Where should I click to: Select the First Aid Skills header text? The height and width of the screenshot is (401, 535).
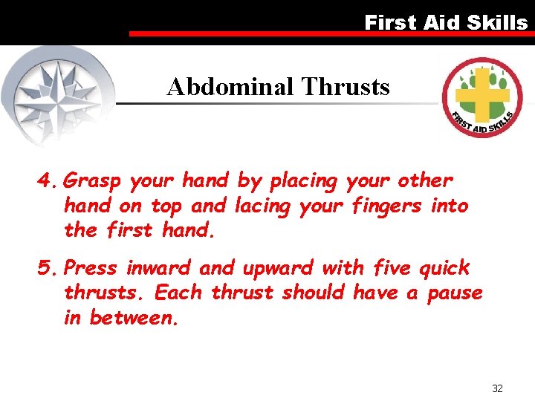coord(445,22)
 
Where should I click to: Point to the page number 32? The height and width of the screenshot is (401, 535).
coord(497,388)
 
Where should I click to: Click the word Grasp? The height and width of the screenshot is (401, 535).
coord(93,181)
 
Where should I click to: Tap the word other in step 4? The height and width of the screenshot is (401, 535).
coord(425,180)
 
